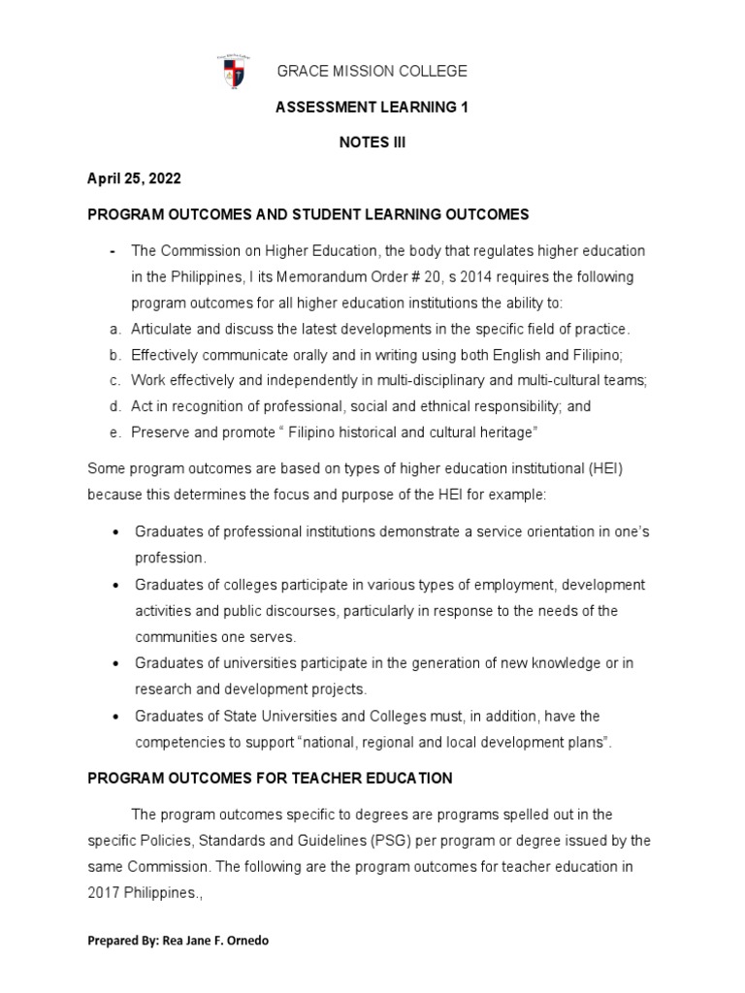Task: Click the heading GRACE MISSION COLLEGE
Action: click(359, 71)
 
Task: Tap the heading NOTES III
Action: click(358, 143)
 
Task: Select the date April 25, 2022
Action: click(134, 179)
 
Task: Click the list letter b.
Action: click(113, 355)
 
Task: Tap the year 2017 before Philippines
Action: click(106, 892)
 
